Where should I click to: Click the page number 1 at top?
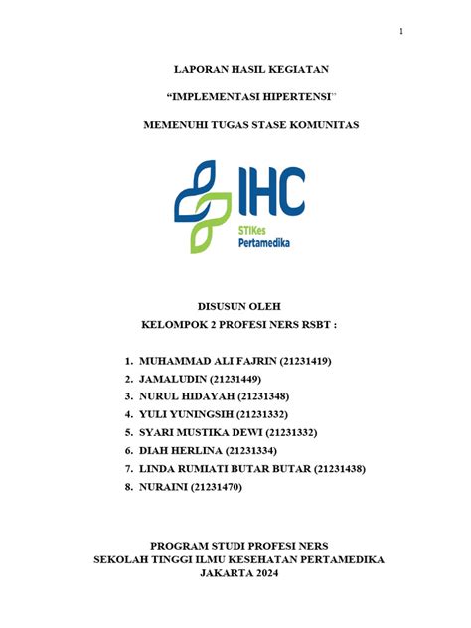point(401,31)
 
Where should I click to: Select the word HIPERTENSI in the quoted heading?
point(291,96)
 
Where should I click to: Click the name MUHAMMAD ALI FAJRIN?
point(209,361)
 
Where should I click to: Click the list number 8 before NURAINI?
point(129,487)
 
